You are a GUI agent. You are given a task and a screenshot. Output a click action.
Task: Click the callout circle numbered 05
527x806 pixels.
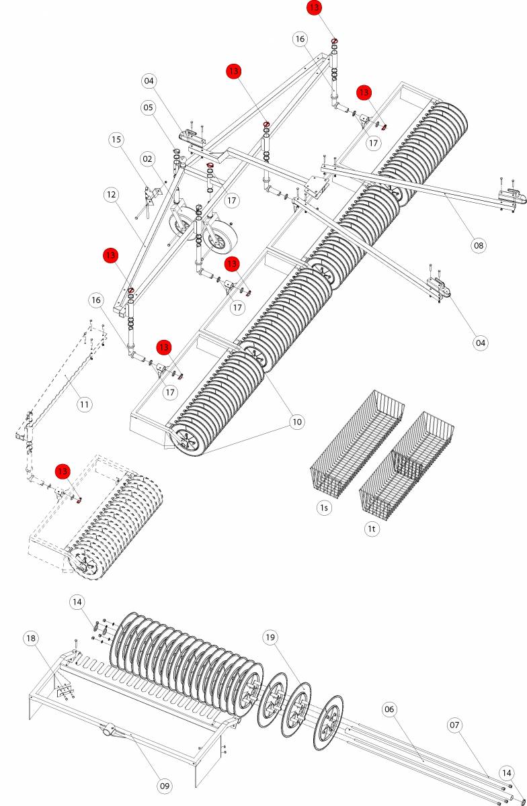pos(148,107)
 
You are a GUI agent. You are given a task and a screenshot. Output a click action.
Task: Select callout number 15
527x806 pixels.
pos(117,140)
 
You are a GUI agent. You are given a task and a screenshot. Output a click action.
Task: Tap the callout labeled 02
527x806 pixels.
pos(148,159)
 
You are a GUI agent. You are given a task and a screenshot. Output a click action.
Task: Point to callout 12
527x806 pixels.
pos(112,195)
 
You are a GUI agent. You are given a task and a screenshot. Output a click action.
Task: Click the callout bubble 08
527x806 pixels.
pos(478,245)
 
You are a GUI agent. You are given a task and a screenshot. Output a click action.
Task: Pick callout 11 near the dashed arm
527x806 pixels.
pos(84,404)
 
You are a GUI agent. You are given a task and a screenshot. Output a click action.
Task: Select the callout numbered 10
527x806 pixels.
pos(296,422)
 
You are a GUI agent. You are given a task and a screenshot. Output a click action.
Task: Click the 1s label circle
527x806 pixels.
pos(325,508)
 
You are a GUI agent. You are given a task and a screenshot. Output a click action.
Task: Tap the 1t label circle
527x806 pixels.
pos(372,529)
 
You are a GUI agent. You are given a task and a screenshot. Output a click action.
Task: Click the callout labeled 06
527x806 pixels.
pos(389,709)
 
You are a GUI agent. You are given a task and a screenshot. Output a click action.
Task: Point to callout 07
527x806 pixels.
pos(455,725)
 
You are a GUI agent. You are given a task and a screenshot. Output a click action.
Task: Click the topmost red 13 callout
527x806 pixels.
pos(314,8)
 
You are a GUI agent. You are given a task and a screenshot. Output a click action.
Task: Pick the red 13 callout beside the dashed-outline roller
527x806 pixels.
pos(63,472)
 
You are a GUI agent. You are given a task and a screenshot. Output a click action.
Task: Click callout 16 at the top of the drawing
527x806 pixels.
pos(300,39)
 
